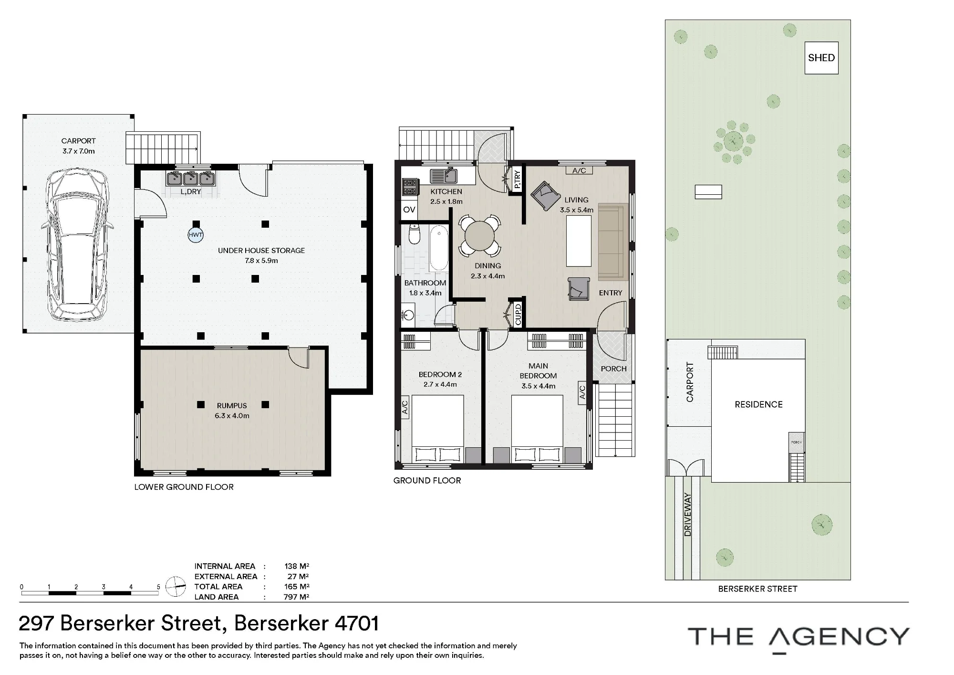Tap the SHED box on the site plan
pos(821,58)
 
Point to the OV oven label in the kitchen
pos(409,210)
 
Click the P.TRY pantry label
pos(518,179)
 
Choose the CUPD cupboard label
pos(518,314)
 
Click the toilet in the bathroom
pos(414,234)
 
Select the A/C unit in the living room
pos(579,170)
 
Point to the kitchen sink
pos(444,176)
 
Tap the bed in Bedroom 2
pos(438,429)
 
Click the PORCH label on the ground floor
pos(614,369)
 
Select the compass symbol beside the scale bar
pos(176,587)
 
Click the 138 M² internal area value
pos(297,566)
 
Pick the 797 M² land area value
pos(296,597)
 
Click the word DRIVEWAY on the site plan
pos(687,515)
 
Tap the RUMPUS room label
pos(232,406)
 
